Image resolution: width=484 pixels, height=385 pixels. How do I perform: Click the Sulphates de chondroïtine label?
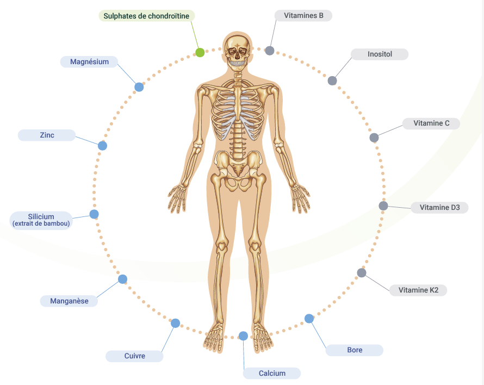(x=146, y=16)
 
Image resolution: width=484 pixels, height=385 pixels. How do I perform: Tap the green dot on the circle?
(x=200, y=53)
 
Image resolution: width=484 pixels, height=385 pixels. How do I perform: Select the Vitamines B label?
(x=303, y=15)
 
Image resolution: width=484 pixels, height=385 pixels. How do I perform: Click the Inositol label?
(x=380, y=54)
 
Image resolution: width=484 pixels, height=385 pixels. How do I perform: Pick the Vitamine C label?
(x=431, y=123)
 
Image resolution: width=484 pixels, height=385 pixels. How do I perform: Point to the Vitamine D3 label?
(x=439, y=207)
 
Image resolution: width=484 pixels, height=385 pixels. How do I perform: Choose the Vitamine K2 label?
(x=418, y=290)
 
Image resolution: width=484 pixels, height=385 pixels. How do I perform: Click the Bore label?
(x=355, y=350)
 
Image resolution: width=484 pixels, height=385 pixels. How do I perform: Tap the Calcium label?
(x=272, y=373)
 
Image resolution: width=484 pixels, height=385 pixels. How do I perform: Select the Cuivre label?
(x=134, y=356)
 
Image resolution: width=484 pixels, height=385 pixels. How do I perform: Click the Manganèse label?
(x=69, y=301)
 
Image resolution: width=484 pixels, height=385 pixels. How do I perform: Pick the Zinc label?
(x=47, y=135)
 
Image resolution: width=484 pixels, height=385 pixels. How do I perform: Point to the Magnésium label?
(x=89, y=61)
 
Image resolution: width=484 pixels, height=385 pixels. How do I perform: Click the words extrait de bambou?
(x=41, y=223)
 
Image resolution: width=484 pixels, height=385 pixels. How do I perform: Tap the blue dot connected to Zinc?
(x=102, y=146)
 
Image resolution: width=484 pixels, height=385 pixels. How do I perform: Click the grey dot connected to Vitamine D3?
(x=383, y=206)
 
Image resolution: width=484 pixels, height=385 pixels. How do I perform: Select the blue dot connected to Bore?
(x=309, y=319)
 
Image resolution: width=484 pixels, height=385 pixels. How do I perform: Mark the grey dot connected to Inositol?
(x=332, y=81)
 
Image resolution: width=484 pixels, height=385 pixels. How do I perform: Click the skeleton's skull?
(x=238, y=49)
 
